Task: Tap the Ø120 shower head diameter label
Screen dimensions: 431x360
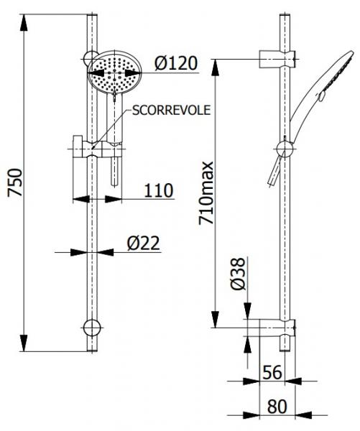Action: [x=175, y=63]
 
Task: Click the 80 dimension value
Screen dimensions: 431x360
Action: [x=277, y=406]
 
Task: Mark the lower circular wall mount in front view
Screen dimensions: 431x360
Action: [x=91, y=328]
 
